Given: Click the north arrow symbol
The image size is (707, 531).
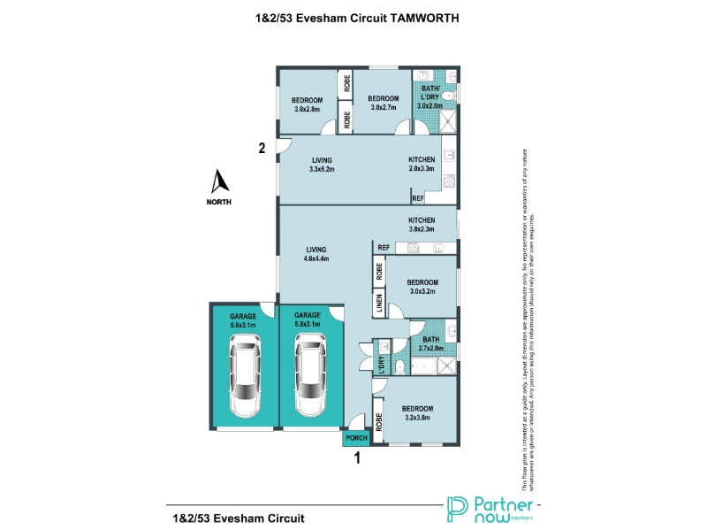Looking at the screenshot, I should tap(220, 181).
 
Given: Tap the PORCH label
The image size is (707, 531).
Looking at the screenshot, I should tap(355, 439).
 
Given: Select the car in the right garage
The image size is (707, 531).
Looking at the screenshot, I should tap(309, 378).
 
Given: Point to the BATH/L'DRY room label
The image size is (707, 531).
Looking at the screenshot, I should tap(429, 91).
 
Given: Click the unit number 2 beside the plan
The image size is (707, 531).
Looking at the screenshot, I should tap(262, 149).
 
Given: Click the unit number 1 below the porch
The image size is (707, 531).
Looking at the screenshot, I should tap(358, 458).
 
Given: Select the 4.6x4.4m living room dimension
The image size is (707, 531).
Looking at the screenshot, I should tap(318, 259).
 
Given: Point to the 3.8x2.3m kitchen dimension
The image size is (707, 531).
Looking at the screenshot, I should tap(422, 229).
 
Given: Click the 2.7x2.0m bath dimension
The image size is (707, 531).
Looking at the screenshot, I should tap(430, 348).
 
